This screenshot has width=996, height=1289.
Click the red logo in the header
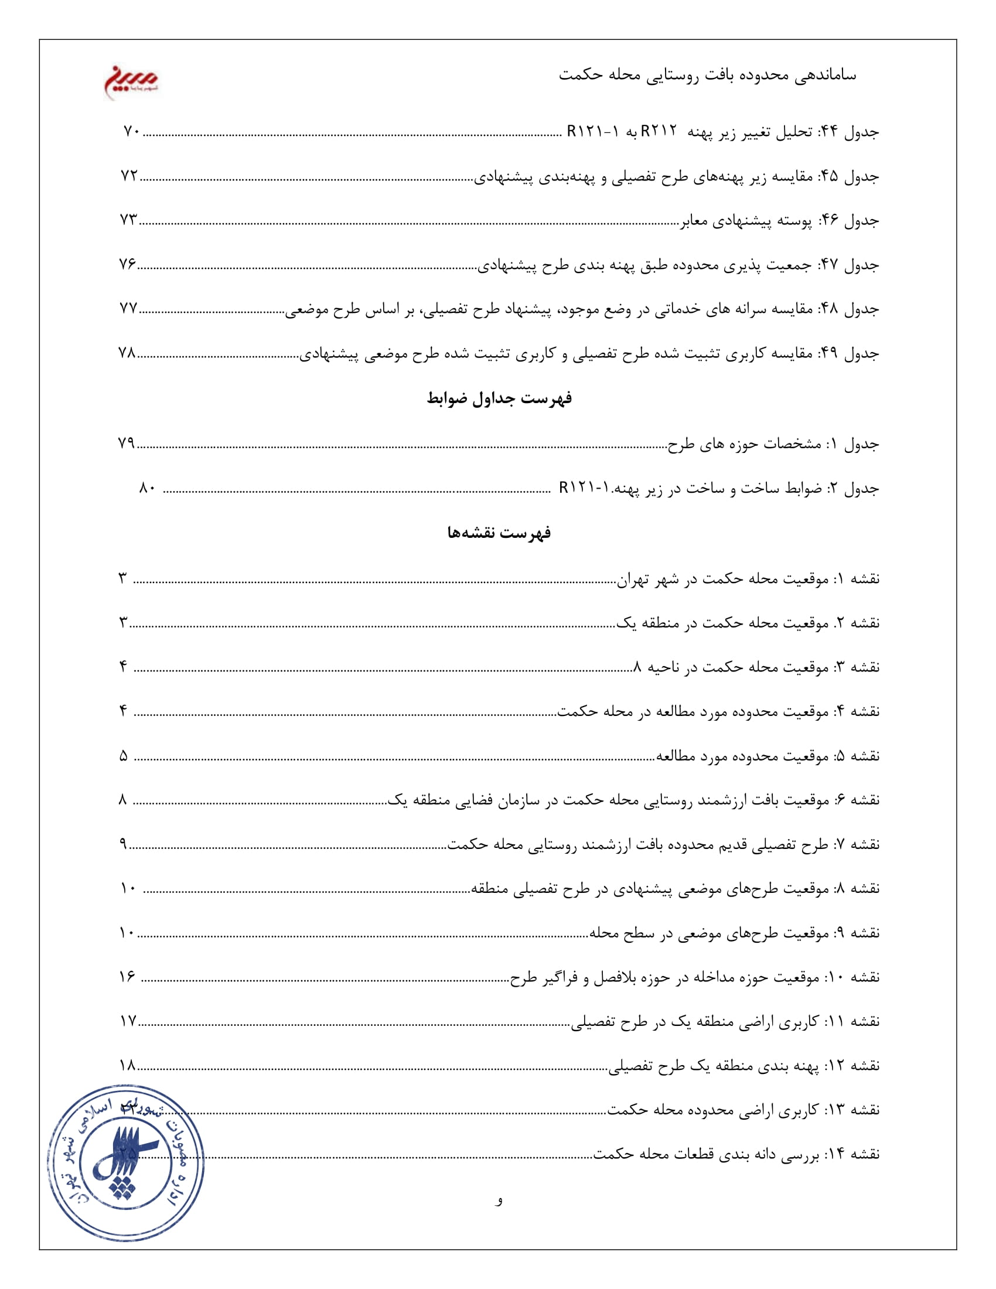point(131,81)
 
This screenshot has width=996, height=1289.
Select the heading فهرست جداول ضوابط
point(499,399)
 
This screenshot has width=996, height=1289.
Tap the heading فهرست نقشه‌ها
point(499,533)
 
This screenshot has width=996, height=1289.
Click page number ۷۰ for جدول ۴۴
point(131,131)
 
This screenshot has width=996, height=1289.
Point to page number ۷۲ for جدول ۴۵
point(129,176)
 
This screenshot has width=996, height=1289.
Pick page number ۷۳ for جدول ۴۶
point(129,220)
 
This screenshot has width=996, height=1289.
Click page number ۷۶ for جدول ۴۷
point(128,264)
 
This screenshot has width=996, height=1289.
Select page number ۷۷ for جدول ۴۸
point(129,309)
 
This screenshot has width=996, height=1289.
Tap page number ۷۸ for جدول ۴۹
point(128,353)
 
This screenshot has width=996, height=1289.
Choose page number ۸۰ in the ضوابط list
point(148,488)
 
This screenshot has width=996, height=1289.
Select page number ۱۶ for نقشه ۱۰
point(128,977)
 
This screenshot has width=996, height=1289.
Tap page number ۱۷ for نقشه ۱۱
point(128,1022)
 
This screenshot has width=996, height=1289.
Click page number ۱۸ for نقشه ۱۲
point(128,1066)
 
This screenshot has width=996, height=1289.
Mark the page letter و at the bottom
point(499,1200)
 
